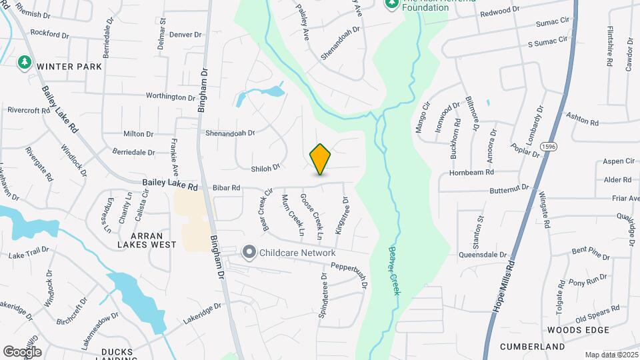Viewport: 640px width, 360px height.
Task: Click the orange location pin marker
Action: (320, 159)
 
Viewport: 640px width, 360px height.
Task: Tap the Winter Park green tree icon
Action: (25, 62)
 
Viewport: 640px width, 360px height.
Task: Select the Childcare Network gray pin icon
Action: (249, 253)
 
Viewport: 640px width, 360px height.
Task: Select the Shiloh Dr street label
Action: (265, 169)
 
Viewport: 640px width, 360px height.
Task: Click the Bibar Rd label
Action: (226, 188)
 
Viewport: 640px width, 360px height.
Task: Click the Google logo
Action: (21, 351)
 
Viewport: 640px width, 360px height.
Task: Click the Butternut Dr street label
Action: (509, 189)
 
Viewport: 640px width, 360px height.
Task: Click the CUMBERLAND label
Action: (533, 347)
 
